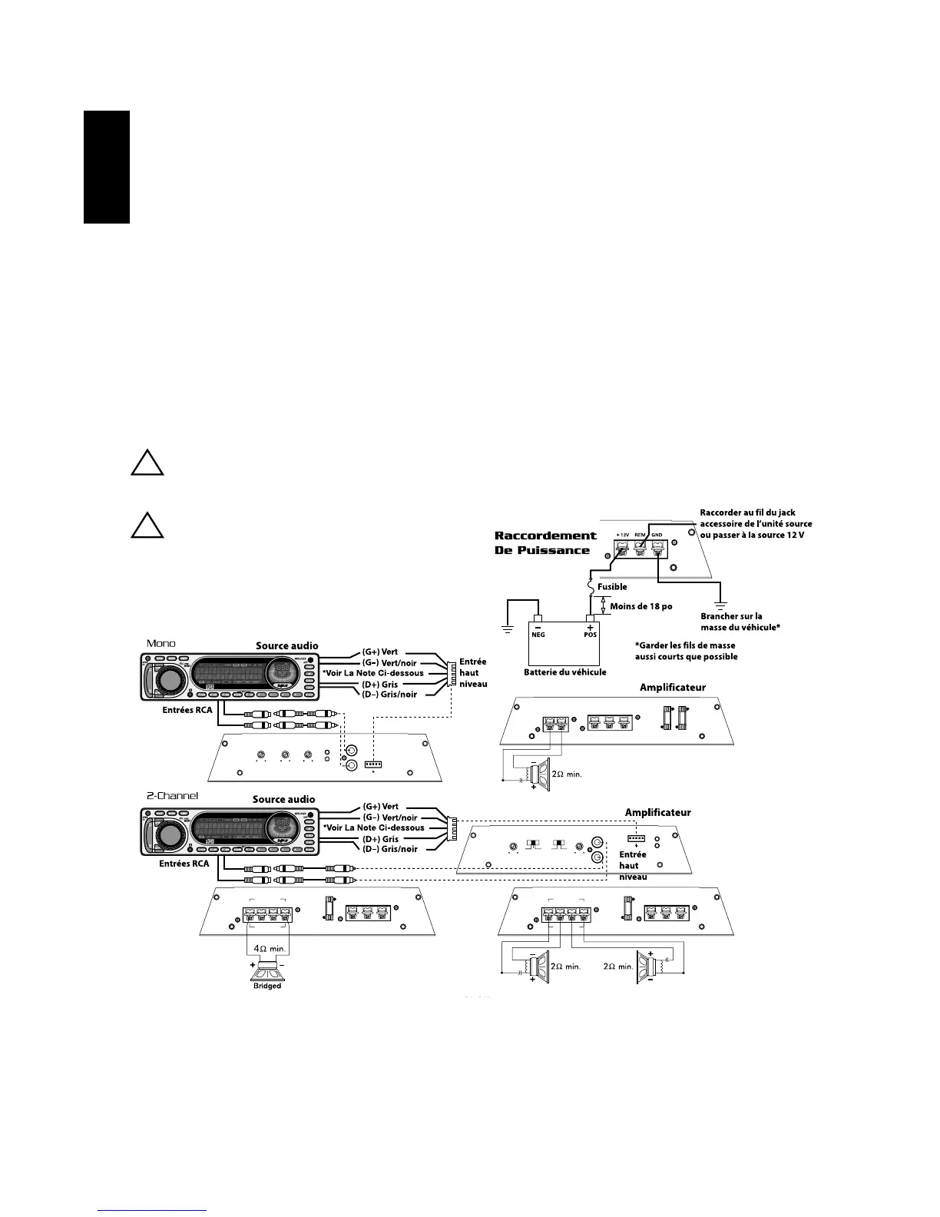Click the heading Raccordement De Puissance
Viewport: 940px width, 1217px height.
pos(545,542)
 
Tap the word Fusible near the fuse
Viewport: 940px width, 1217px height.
pos(612,587)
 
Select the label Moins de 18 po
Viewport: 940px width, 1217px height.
pos(641,606)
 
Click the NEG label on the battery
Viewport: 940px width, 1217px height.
pos(538,635)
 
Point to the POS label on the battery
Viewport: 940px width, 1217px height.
pos(590,635)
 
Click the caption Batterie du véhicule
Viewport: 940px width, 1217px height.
pos(565,672)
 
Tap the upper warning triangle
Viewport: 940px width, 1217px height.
pos(146,463)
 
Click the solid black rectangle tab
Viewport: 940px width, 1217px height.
pos(107,167)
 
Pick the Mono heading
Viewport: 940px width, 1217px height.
pos(161,643)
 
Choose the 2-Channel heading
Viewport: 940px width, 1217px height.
pos(172,795)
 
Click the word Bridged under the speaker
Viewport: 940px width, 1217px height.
pos(267,986)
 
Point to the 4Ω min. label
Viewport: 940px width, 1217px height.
pos(269,949)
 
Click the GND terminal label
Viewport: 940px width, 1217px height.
pos(657,535)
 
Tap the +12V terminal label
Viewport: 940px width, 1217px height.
pos(623,535)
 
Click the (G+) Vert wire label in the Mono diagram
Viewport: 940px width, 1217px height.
pos(379,652)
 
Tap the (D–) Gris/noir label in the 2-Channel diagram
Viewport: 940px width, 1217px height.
pos(389,849)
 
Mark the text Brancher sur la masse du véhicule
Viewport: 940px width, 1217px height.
pos(740,622)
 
